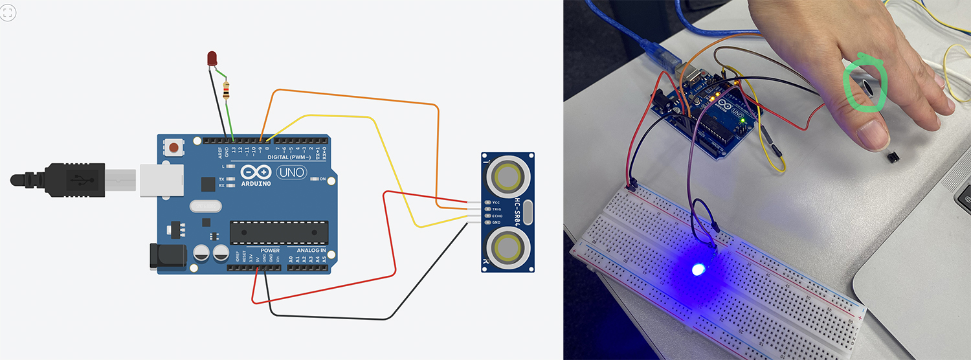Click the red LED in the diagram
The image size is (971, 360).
pyautogui.click(x=212, y=59)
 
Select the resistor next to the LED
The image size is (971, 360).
pyautogui.click(x=226, y=91)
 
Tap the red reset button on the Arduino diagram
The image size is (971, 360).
pyautogui.click(x=174, y=148)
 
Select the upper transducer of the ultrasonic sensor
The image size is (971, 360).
pyautogui.click(x=507, y=177)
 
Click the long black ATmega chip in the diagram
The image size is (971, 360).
pyautogui.click(x=279, y=231)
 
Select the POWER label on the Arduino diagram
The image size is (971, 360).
pyautogui.click(x=270, y=250)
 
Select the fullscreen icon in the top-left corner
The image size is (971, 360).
pyautogui.click(x=8, y=12)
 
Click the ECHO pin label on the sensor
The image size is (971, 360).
pyautogui.click(x=497, y=216)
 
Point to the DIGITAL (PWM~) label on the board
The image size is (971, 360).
pyautogui.click(x=289, y=157)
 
